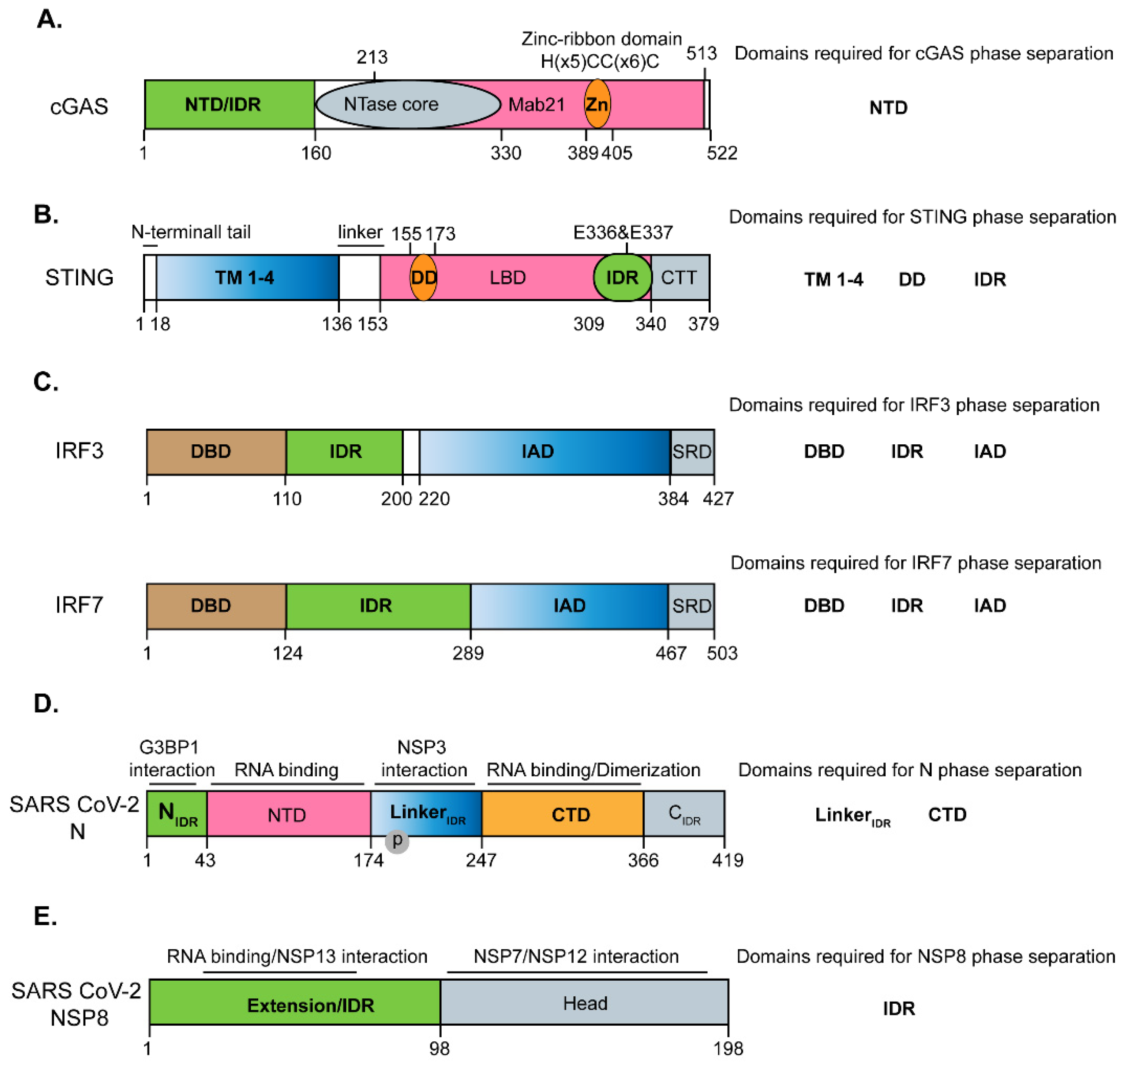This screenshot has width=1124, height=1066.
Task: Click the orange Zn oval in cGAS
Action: point(597,104)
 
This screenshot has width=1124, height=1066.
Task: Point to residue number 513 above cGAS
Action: point(701,54)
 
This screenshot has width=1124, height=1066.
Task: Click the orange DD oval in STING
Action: point(423,277)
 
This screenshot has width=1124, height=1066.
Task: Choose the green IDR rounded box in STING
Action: point(622,277)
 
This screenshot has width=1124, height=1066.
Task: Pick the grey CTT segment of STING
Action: point(679,277)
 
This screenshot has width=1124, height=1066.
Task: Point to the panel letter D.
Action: point(45,704)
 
